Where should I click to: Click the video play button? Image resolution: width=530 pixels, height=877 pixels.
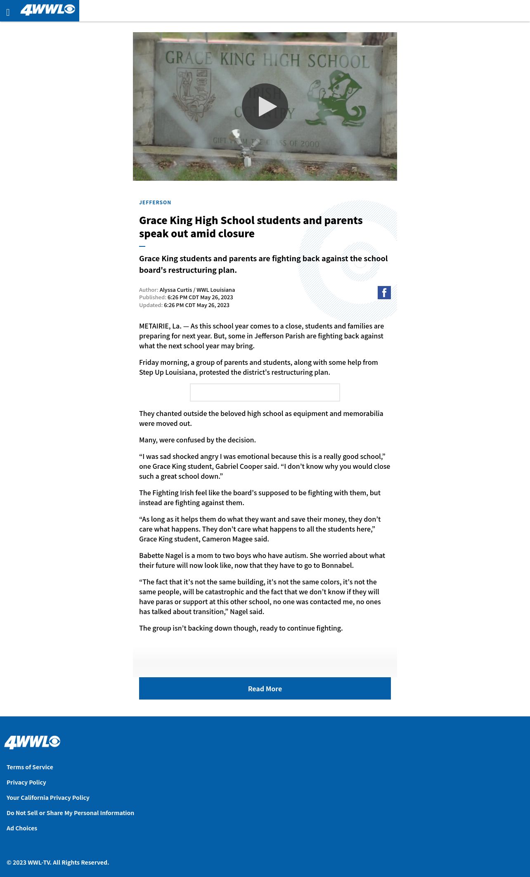(x=265, y=106)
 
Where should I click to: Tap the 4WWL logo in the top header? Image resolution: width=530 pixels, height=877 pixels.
(x=47, y=9)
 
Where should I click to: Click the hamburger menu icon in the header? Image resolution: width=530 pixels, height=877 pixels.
(x=8, y=12)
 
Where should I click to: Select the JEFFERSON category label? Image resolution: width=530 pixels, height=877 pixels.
(x=155, y=202)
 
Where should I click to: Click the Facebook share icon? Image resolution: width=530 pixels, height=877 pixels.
(x=384, y=293)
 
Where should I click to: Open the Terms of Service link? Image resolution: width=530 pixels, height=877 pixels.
(x=30, y=767)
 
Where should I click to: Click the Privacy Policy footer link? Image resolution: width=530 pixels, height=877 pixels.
(x=26, y=782)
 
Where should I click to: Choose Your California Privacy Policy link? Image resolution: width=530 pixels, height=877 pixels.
(x=48, y=797)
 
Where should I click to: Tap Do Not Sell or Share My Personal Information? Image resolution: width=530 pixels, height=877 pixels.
(x=70, y=813)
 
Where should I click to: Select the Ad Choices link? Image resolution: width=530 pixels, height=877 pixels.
(x=22, y=828)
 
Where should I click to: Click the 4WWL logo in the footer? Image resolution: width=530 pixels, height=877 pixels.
(x=32, y=742)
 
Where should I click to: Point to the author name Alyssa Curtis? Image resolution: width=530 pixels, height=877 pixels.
(x=175, y=290)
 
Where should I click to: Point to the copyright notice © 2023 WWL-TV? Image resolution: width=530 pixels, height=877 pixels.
(x=58, y=862)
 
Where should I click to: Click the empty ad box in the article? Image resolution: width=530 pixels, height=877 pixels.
(x=265, y=392)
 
